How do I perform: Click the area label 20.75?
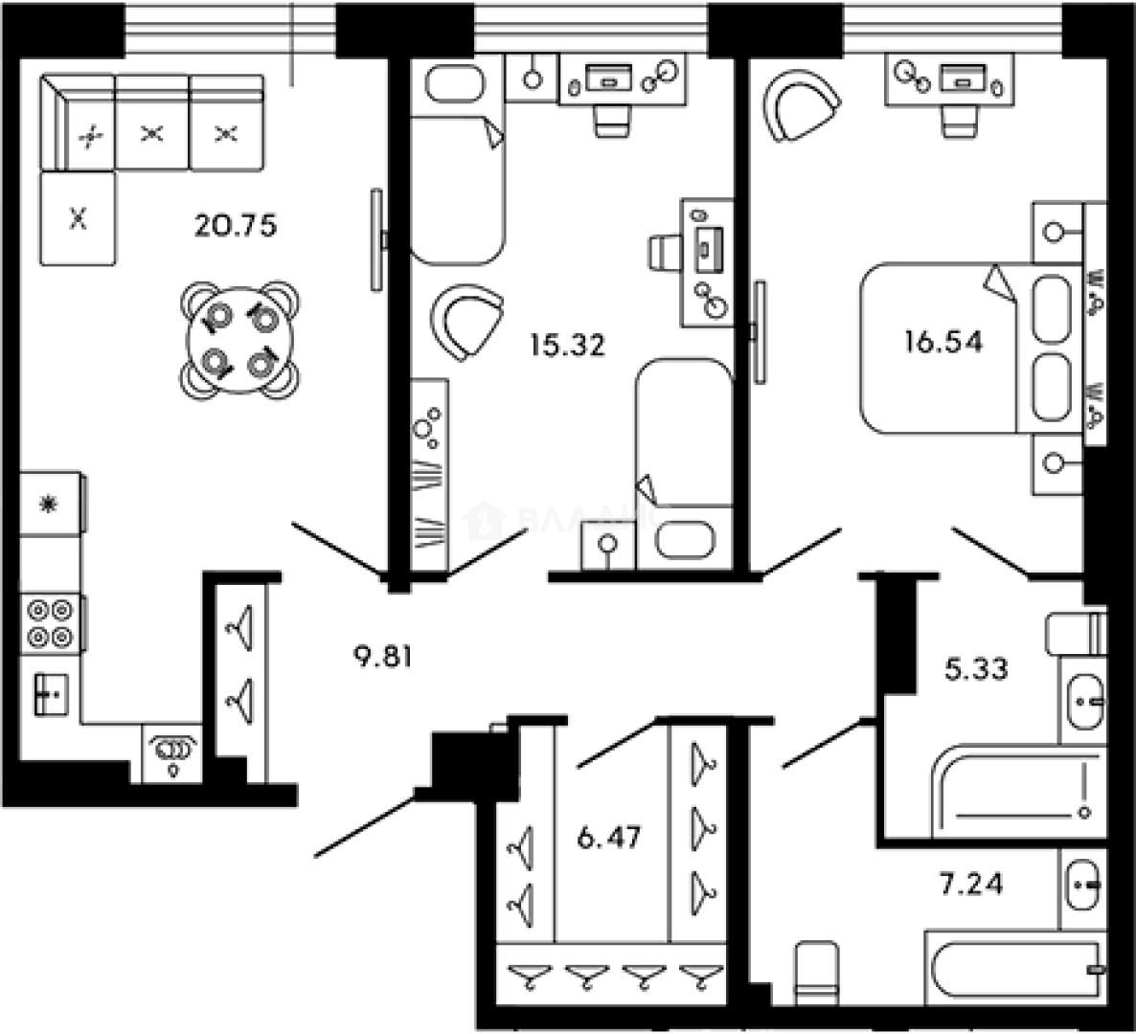[235, 226]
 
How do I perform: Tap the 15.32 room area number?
[567, 344]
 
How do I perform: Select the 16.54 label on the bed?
[943, 342]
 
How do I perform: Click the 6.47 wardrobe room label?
[608, 838]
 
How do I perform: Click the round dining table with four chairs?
[240, 338]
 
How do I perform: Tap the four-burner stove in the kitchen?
[50, 622]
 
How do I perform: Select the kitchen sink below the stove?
[50, 692]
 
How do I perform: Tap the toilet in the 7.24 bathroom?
[816, 972]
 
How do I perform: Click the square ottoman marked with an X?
[78, 219]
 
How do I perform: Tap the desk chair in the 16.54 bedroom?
[961, 120]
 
